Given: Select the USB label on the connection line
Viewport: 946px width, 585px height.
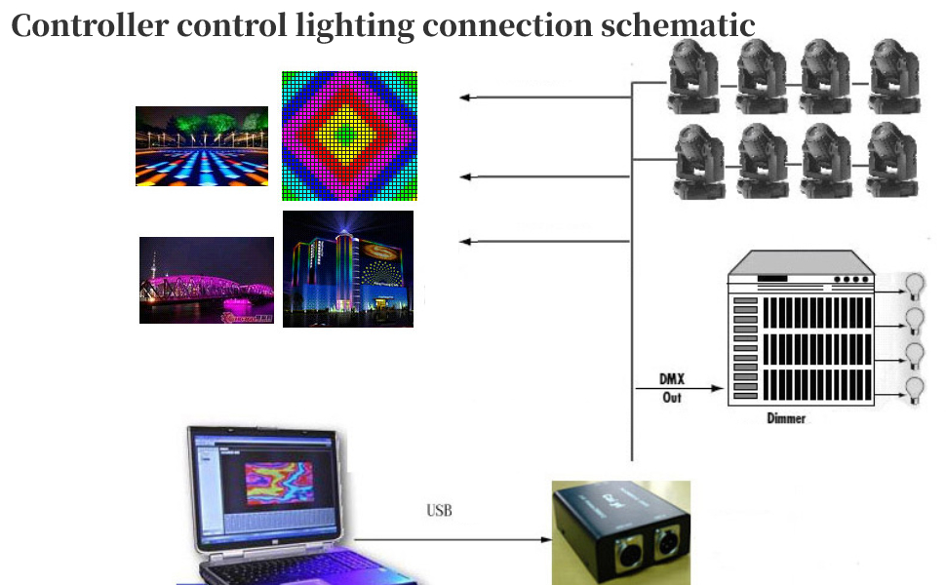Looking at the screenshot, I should click(439, 510).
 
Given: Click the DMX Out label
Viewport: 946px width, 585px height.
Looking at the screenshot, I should click(672, 389).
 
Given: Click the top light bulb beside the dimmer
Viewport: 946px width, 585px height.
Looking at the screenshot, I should click(914, 286).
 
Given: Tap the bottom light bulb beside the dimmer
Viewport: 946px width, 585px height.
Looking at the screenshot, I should click(914, 389).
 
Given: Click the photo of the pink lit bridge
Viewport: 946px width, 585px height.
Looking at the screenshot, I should click(206, 280).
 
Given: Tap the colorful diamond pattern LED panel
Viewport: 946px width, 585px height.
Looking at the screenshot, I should click(349, 136).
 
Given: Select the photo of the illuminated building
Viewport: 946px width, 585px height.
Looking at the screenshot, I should click(347, 268).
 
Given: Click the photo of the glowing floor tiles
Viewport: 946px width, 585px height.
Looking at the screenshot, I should click(202, 146).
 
